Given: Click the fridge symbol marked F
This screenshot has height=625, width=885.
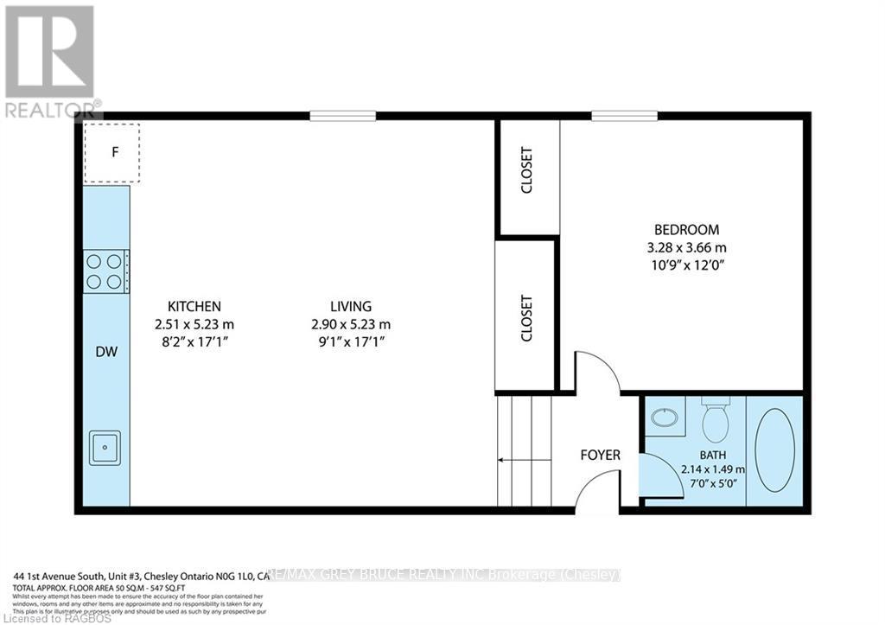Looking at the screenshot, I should point(111,153).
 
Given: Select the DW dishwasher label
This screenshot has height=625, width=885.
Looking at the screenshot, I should point(106,352).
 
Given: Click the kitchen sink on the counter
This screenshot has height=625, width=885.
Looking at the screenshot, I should point(105,447).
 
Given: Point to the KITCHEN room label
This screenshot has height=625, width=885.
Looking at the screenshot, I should point(194,306).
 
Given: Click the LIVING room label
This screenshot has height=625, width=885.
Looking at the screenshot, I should point(350,306).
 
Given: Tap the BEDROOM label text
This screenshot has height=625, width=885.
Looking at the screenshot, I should point(686,230).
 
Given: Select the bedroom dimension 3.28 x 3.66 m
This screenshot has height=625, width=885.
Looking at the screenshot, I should point(686,247).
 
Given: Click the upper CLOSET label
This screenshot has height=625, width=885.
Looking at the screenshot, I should point(526,170).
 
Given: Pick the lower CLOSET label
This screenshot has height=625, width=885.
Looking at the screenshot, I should point(526,320).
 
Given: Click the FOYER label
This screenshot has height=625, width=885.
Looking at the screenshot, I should point(600,455).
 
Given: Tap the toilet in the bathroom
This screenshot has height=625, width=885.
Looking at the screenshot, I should point(715,420).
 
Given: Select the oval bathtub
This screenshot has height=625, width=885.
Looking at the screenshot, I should point(774,450).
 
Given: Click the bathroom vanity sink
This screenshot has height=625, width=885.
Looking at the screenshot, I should point(664,418).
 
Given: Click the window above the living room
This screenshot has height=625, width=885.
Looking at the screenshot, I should point(343,116).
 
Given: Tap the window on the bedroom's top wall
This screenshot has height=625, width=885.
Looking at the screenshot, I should point(625,116).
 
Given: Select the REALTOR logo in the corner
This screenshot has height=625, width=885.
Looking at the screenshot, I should point(50,61).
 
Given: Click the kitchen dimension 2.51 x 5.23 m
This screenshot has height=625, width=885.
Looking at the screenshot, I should point(194,324).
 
